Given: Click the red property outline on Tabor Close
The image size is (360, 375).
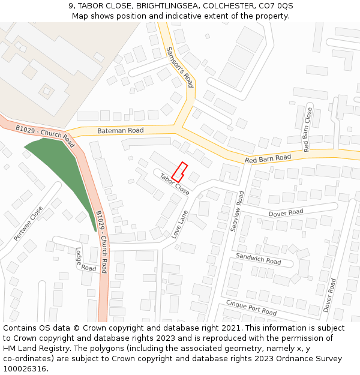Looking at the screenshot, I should [180, 172].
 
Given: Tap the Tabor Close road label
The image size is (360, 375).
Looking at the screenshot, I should [174, 184].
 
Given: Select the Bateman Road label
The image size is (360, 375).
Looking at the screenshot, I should [121, 130].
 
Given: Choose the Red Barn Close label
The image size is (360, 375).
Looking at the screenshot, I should [307, 130].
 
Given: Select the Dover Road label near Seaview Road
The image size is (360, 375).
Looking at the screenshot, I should [286, 212].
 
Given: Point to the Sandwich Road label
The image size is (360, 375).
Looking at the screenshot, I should [258, 259].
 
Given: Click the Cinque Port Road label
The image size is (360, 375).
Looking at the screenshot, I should [251, 308].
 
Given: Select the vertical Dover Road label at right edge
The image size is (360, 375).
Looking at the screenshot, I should [329, 295].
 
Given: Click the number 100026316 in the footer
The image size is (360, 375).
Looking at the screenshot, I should [25, 368].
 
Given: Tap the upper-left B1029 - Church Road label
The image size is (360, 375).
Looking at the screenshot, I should [45, 136].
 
